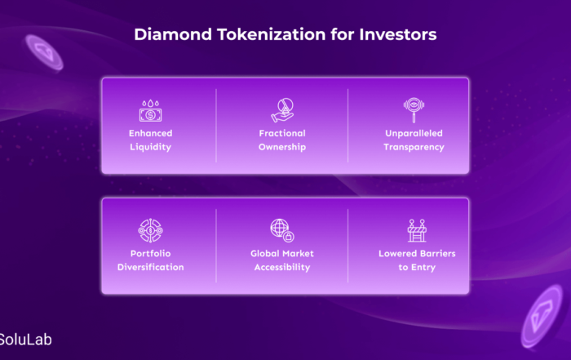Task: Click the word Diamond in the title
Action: point(173,34)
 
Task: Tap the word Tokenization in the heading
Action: point(272,34)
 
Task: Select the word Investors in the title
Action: point(398,34)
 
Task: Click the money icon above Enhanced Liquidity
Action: point(150,111)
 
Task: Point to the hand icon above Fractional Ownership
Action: point(282,110)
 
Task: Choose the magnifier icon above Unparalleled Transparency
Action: point(414,109)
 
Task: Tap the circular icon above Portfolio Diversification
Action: point(150,230)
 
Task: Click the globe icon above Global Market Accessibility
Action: point(282,230)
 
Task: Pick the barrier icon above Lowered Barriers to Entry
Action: point(417,230)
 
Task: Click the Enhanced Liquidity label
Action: point(150,140)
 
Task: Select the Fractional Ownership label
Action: point(282,140)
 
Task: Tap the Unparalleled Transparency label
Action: point(414,140)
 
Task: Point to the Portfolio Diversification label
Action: point(150,260)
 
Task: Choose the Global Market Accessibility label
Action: point(282,260)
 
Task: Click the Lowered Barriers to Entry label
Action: point(417,260)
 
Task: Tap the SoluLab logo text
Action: point(25,340)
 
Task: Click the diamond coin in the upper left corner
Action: point(44,53)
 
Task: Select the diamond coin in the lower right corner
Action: point(542,316)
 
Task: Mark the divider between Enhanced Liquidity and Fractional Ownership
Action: point(216,126)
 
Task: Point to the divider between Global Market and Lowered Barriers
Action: point(347,246)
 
